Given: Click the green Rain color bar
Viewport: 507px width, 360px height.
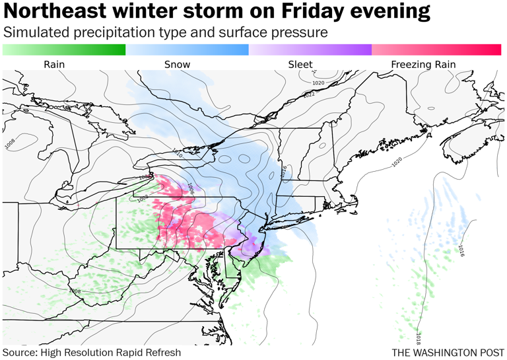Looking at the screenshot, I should (x=64, y=50).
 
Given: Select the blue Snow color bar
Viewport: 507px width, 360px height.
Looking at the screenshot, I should (x=187, y=50).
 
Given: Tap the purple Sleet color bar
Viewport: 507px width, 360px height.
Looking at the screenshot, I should (x=310, y=50).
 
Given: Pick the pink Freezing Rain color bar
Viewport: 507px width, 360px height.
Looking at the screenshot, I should (x=436, y=50).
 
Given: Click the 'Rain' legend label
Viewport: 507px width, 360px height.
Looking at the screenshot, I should (x=54, y=64).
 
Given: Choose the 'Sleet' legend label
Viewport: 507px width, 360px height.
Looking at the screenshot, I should (x=300, y=64).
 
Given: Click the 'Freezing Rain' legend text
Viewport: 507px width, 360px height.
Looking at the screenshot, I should (x=423, y=64).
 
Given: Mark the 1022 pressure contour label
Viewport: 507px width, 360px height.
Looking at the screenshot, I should (x=309, y=95).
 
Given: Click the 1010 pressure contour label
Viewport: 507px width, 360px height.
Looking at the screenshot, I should (x=177, y=155).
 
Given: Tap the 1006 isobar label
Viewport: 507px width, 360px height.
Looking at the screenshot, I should (x=191, y=188).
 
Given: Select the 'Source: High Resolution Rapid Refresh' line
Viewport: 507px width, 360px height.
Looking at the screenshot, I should (x=91, y=352).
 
